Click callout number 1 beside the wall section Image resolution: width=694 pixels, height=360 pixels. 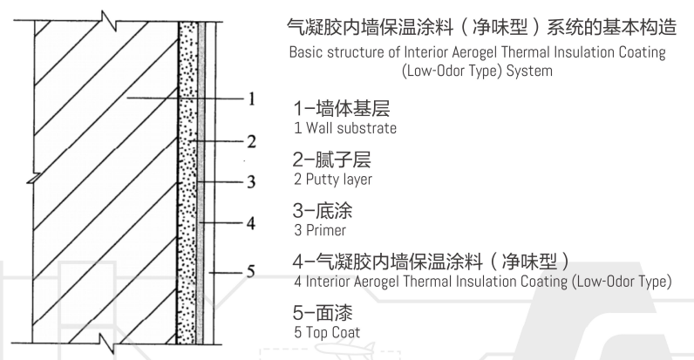pos(251,98)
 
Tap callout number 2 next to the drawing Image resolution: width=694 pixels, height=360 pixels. pos(251,141)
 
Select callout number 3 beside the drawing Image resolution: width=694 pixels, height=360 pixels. pos(251,181)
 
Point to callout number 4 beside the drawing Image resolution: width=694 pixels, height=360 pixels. pos(251,223)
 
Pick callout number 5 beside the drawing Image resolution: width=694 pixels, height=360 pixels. pos(251,271)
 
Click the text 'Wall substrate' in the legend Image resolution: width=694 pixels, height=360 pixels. pos(351,128)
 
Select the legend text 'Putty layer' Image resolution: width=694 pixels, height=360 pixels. pos(339,180)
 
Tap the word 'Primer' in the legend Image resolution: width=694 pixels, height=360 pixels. pos(326,230)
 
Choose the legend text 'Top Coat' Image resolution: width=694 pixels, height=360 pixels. pos(333,333)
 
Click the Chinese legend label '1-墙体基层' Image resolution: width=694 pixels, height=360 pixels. pos(341,108)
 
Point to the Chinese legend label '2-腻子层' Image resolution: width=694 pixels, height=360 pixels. pos(331,160)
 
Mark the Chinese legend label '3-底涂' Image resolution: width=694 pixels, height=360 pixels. pos(323,211)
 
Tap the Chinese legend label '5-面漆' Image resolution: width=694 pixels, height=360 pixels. pos(323,313)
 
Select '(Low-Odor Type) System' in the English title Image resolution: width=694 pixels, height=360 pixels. pos(477,71)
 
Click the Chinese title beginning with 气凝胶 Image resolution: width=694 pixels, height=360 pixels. pos(481,26)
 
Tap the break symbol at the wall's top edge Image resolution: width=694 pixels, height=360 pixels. pos(108,21)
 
